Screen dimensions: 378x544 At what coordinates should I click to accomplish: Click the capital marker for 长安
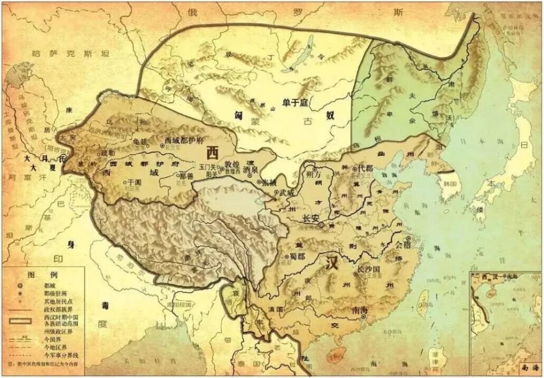[x=321, y=225]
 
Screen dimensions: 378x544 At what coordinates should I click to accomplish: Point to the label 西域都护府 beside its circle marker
[x=183, y=140]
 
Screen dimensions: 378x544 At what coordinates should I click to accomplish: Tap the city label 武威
[x=287, y=193]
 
